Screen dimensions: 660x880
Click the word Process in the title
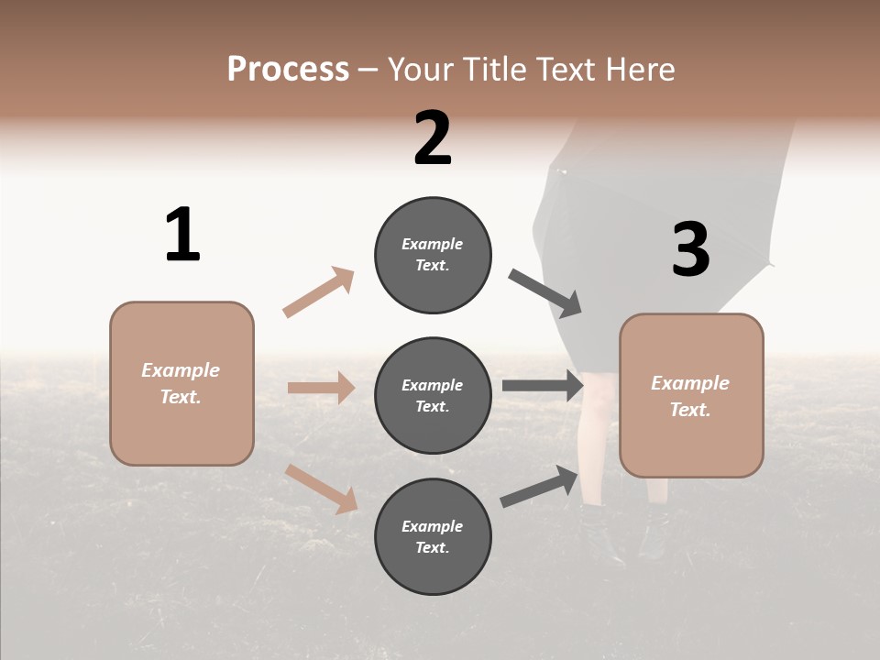pos(288,70)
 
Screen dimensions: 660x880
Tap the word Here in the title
pos(639,70)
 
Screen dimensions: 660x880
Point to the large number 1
pos(182,235)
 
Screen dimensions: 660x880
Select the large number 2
pos(433,138)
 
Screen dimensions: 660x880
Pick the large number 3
pos(690,250)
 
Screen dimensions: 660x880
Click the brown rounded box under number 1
pos(181,383)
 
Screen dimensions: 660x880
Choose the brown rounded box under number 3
pos(691,396)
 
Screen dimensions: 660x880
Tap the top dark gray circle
pos(433,255)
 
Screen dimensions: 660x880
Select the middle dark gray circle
pos(433,395)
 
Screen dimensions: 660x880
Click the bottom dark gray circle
pos(433,536)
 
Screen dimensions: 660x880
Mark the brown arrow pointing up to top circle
pos(319,292)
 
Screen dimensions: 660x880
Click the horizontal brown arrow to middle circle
pos(321,388)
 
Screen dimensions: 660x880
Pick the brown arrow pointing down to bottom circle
pos(321,488)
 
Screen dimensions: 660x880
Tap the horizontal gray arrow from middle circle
pos(543,386)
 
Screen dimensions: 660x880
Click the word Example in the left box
pos(181,370)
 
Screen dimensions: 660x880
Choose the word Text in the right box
pos(688,410)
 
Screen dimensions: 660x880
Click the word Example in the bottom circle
pos(433,526)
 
